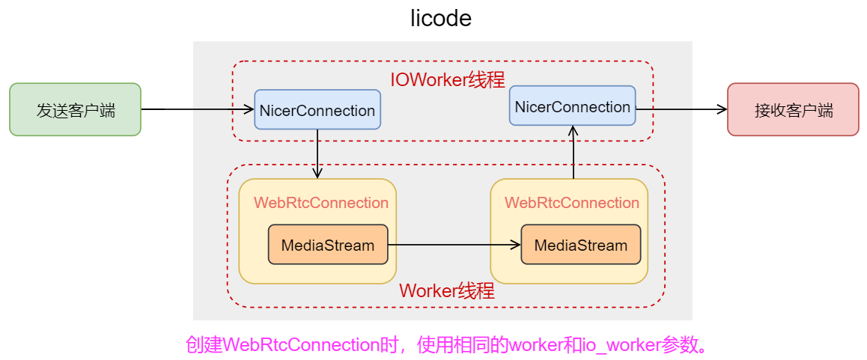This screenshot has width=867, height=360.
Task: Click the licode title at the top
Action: (441, 18)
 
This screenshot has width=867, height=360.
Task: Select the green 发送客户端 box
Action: (75, 109)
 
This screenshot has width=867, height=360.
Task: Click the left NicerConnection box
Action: (317, 111)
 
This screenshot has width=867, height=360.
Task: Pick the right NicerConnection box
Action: (572, 106)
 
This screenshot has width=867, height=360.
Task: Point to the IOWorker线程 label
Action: (447, 79)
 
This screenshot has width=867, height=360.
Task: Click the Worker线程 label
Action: (447, 291)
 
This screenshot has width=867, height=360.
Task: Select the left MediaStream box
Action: (328, 245)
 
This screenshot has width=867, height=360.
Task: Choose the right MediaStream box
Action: (581, 245)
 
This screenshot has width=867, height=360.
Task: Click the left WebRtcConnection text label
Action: (321, 203)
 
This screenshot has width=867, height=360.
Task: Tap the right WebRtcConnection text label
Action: (572, 203)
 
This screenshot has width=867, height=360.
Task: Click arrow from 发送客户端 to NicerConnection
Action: (198, 109)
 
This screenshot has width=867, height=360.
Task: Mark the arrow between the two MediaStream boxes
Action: (454, 245)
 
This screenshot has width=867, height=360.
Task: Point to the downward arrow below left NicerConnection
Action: (318, 154)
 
